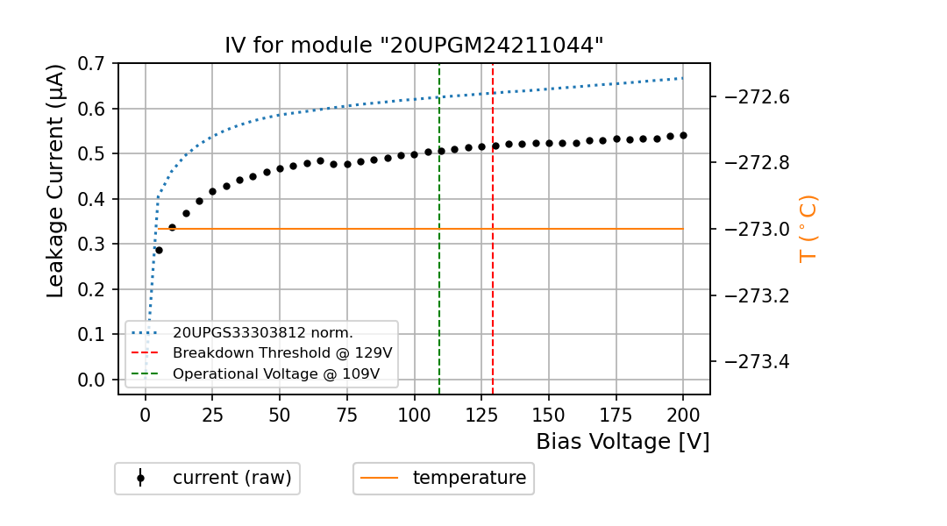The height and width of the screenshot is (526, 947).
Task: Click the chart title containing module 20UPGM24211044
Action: click(414, 46)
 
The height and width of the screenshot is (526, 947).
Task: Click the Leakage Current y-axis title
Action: click(56, 181)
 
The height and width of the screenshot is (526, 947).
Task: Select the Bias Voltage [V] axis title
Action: click(623, 442)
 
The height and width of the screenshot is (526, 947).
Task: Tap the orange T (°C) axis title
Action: click(808, 229)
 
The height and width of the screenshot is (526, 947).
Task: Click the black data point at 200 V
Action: click(683, 135)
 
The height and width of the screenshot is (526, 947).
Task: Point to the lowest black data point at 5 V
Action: click(159, 250)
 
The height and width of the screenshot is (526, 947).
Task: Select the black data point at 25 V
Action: click(212, 191)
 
